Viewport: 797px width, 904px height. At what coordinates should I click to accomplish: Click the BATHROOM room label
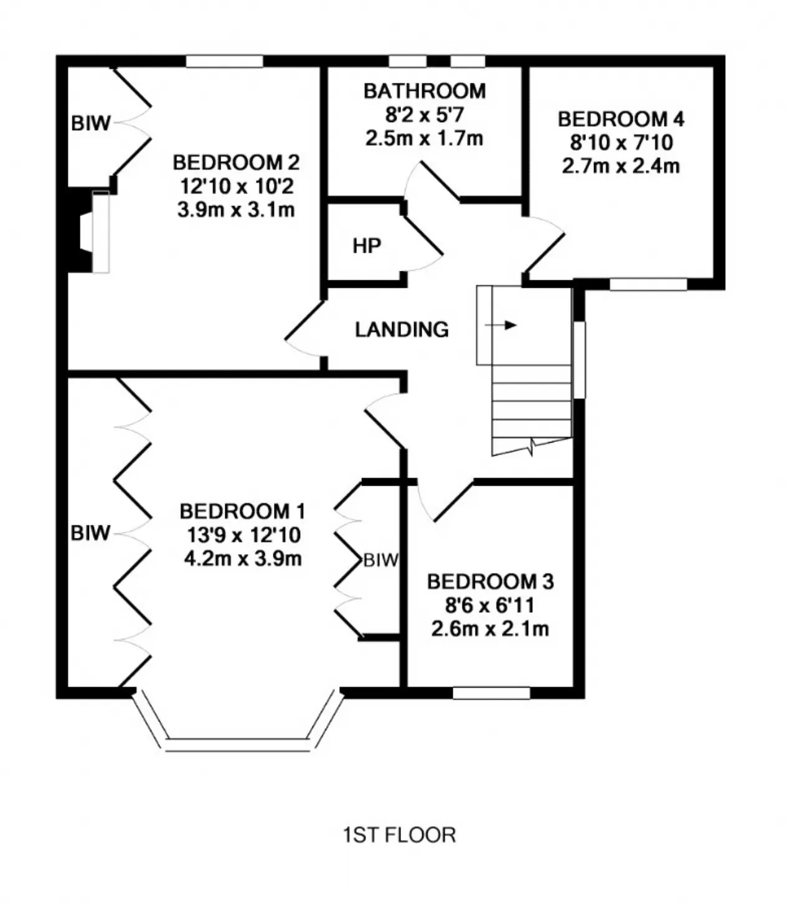425,91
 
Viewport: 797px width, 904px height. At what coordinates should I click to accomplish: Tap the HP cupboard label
367,246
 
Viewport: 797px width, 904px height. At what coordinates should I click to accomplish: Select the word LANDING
402,330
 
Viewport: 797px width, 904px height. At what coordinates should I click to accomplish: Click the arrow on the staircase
501,325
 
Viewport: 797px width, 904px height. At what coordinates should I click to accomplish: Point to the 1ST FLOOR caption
399,835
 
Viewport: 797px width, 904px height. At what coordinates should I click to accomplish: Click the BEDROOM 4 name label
621,119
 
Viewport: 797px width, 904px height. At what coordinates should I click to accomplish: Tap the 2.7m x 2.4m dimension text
621,166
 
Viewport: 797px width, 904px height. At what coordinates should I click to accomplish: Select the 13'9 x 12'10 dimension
243,535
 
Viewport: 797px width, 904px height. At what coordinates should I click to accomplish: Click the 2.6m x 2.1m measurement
490,629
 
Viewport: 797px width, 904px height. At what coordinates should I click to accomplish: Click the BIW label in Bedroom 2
90,123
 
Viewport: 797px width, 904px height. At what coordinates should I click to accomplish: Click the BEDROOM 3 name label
491,582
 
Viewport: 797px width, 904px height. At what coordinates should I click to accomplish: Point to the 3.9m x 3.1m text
236,209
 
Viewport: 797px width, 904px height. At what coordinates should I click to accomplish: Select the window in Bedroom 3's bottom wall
491,693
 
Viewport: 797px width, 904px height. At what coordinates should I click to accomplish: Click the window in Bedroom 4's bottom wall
648,285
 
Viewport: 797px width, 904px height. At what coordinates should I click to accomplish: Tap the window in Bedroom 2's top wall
224,61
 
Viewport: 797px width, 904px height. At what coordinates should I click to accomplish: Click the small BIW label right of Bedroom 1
380,560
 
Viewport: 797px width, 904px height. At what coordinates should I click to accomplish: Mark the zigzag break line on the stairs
532,446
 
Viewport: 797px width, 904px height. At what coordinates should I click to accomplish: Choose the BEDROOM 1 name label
242,511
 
